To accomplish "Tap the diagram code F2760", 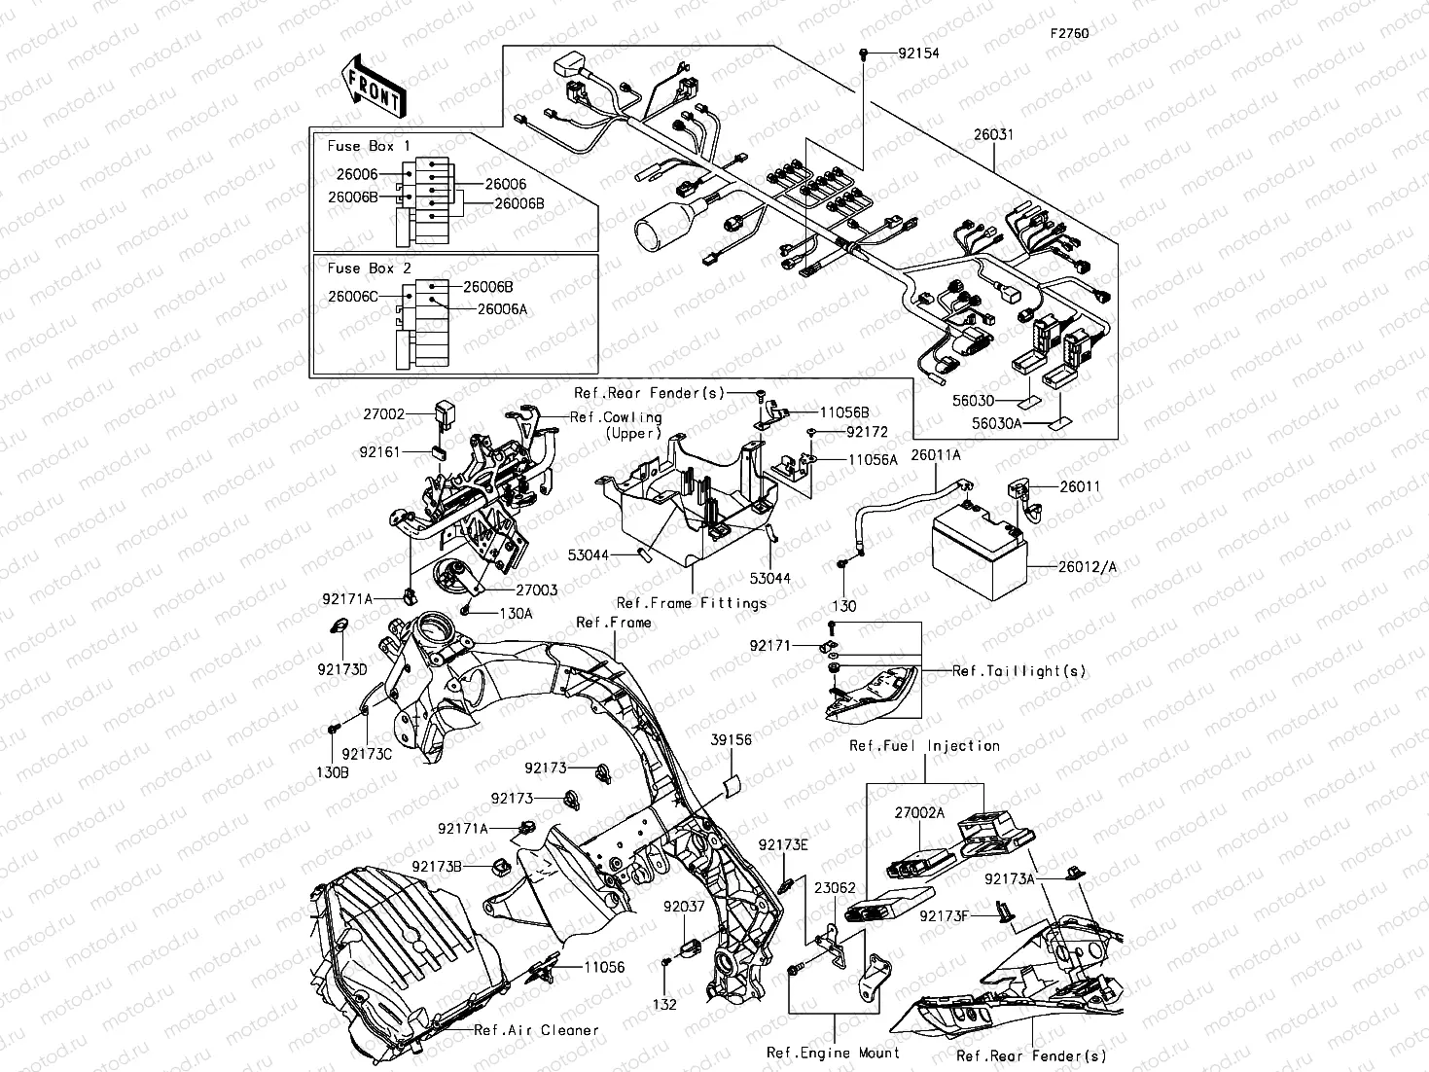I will [1068, 32].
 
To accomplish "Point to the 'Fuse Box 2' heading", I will [369, 268].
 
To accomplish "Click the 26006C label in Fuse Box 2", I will [353, 296].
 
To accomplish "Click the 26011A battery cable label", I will [936, 455].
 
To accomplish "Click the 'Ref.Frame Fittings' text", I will [692, 603].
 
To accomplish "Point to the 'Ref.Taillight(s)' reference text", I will [1018, 671].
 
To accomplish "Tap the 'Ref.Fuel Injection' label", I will [924, 746].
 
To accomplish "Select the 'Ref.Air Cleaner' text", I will [536, 1030].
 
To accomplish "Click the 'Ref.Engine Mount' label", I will [833, 1052].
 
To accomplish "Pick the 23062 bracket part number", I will [835, 888].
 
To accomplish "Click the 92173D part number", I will [341, 669].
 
